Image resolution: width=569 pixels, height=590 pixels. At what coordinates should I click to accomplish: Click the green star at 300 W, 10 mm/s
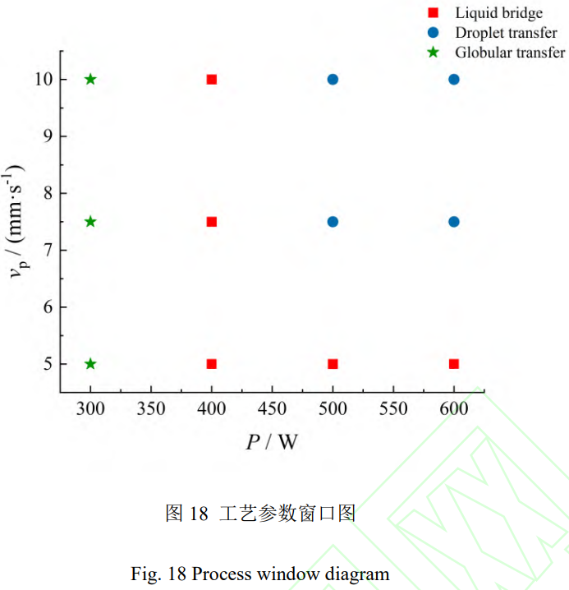tap(90, 80)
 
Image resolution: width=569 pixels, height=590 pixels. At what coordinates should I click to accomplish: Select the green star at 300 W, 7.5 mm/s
tap(90, 222)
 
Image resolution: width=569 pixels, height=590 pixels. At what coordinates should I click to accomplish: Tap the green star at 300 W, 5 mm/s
tap(90, 364)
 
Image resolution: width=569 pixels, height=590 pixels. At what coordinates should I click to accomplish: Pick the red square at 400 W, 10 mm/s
tap(212, 80)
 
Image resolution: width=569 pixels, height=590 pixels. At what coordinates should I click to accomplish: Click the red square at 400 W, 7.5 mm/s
tap(212, 222)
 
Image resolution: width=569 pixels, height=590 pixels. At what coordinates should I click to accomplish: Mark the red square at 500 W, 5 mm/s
tap(333, 364)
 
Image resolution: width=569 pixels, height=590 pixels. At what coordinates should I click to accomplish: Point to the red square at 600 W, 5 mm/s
tap(454, 364)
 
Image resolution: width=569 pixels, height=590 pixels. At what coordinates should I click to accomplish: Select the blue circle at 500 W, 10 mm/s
tap(333, 80)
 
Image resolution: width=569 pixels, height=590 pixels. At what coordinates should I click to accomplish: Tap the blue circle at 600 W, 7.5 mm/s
tap(454, 222)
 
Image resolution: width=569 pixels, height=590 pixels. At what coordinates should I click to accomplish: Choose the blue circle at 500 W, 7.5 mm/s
tap(333, 222)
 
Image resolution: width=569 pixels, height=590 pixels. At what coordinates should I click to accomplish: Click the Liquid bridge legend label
tap(498, 13)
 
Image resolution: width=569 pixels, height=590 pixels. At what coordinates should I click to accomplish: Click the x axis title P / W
tap(272, 443)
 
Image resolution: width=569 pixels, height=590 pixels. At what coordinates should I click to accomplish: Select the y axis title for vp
tap(18, 222)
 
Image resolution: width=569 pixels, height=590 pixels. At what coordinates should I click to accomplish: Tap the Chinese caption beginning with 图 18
tap(260, 514)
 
